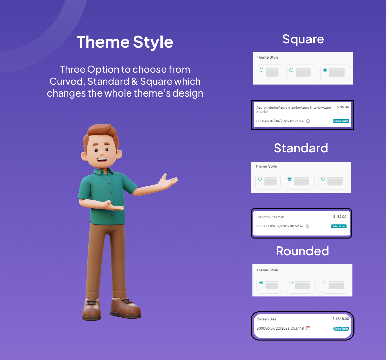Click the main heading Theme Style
click(125, 42)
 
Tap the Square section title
click(303, 39)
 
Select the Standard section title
click(301, 148)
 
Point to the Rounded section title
click(302, 251)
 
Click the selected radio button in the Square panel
click(325, 70)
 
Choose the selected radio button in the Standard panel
click(289, 179)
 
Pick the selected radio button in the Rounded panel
click(261, 283)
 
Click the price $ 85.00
click(343, 107)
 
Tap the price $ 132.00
click(340, 217)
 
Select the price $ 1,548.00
click(341, 319)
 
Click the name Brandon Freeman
click(270, 217)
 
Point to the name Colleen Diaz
click(266, 319)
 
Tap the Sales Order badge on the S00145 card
click(341, 121)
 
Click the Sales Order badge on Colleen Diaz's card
click(341, 329)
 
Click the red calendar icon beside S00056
click(308, 328)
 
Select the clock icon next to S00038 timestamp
click(308, 226)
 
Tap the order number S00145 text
click(262, 121)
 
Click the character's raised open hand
click(168, 182)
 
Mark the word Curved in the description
click(67, 82)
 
